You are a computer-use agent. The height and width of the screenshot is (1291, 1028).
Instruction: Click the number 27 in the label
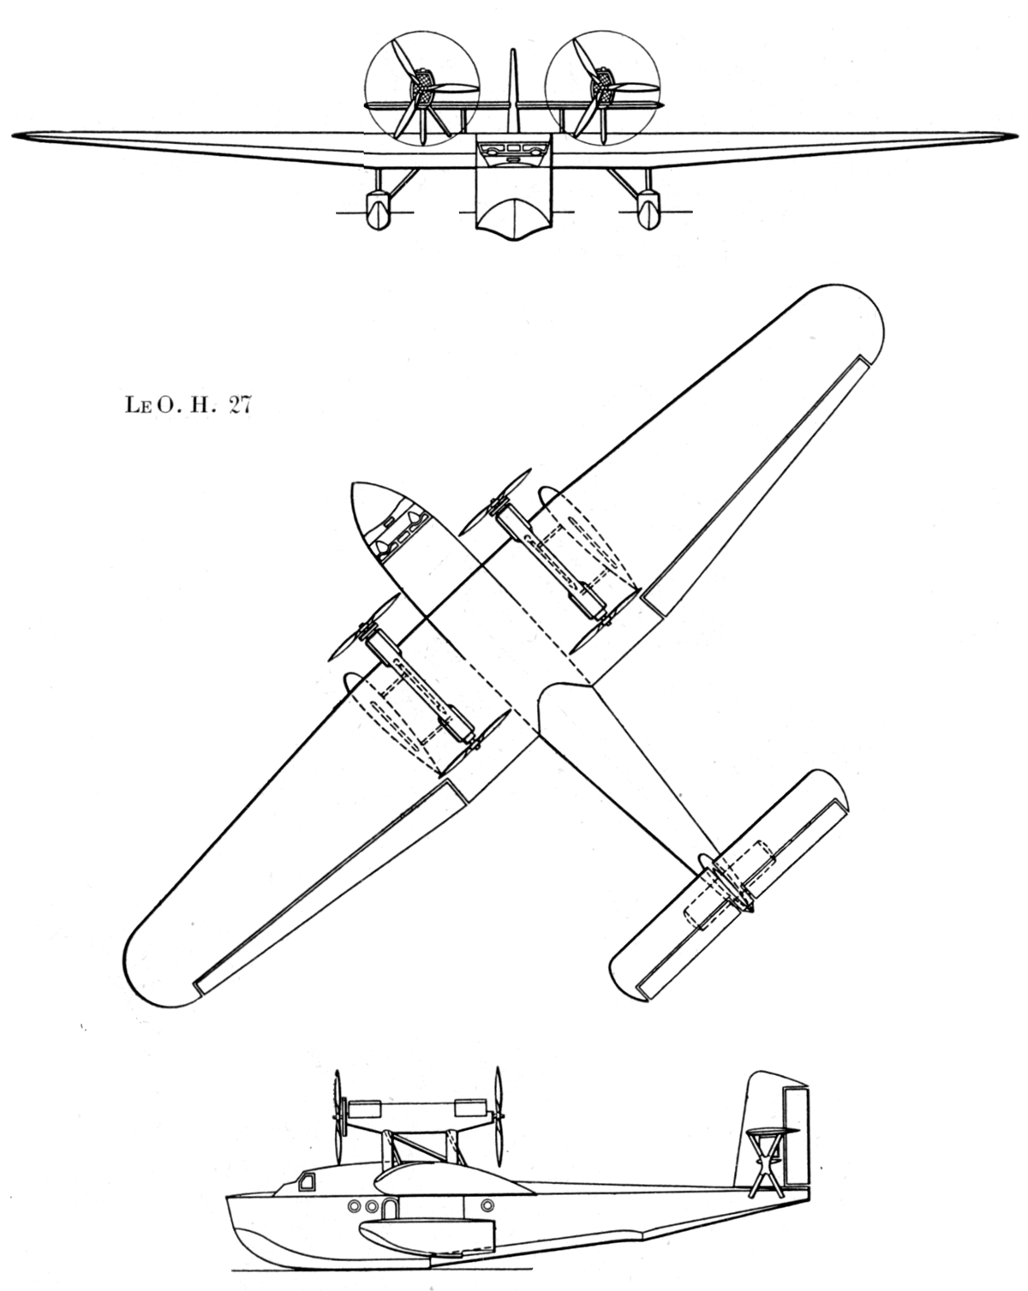click(x=238, y=405)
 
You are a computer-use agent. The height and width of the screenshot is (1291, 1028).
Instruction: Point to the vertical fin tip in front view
click(x=512, y=51)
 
